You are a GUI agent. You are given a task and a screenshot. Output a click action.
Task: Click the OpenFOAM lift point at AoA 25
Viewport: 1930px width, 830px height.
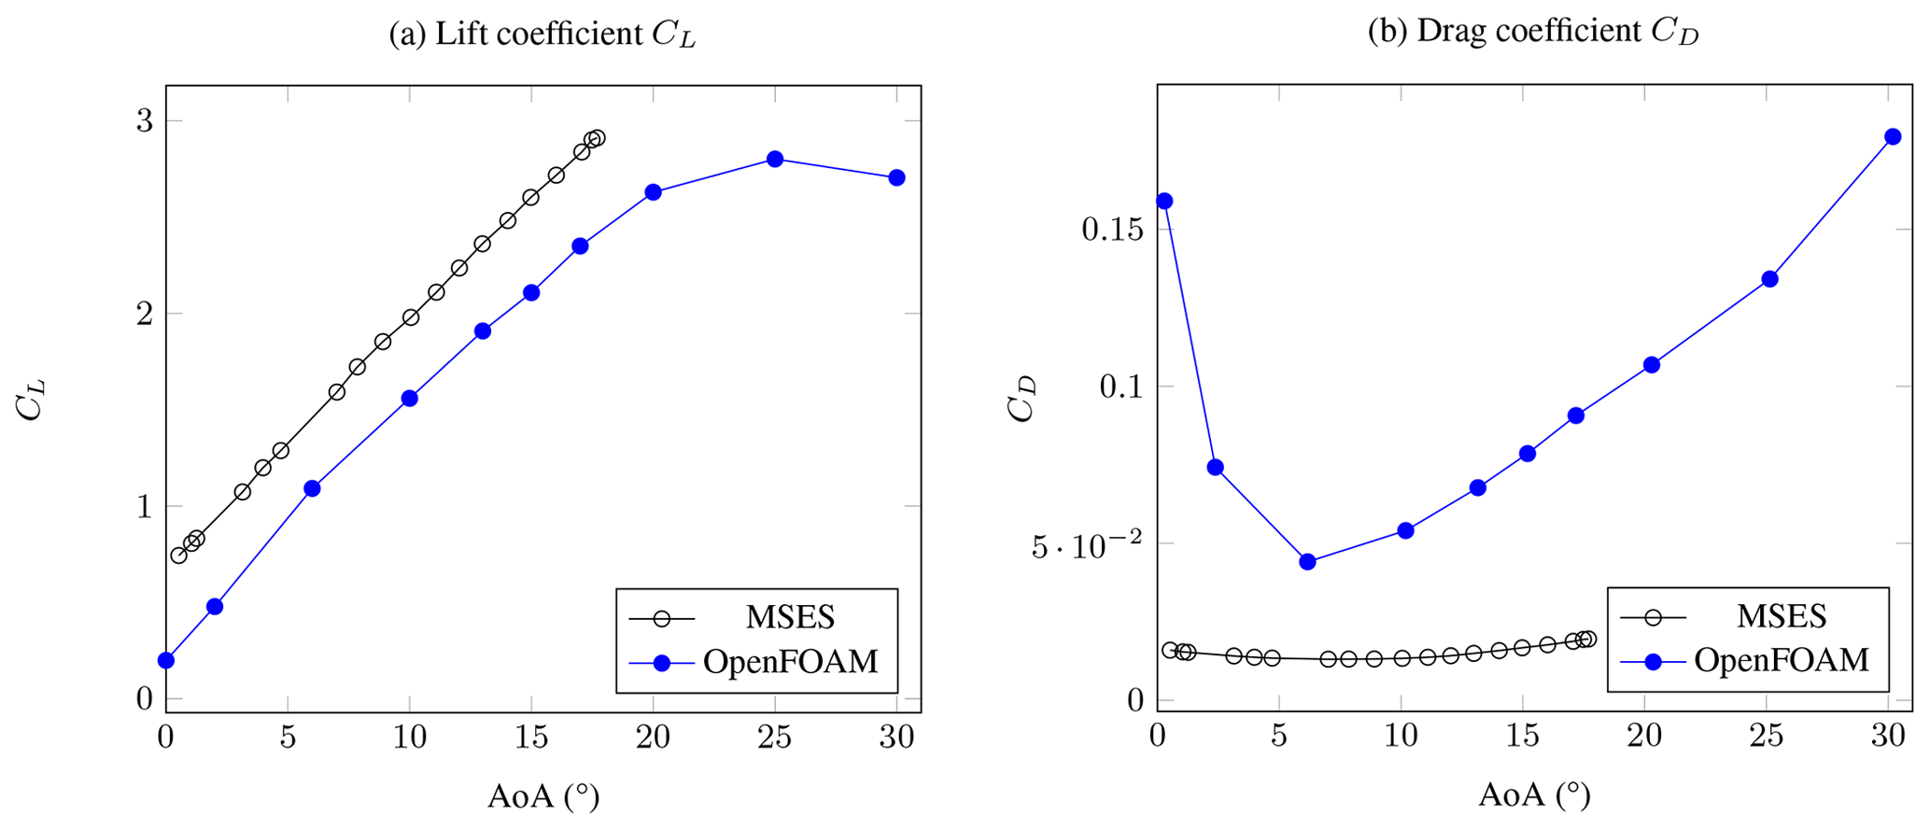(774, 160)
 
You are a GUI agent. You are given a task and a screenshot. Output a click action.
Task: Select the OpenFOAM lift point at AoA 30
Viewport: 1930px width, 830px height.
(896, 177)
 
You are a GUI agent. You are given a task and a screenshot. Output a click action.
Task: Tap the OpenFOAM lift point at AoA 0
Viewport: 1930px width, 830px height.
(166, 661)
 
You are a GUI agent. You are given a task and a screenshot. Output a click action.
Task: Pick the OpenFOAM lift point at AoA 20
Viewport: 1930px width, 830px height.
(653, 192)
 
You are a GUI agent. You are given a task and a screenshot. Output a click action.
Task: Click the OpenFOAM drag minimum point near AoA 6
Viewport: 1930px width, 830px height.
(1307, 562)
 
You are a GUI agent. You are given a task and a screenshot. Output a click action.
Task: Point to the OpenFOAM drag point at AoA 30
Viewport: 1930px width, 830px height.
(1893, 136)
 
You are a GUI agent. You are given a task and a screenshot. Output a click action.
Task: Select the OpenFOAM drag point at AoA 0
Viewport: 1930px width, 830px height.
(1163, 201)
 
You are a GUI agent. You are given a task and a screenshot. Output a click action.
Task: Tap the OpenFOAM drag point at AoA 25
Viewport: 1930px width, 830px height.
(1769, 279)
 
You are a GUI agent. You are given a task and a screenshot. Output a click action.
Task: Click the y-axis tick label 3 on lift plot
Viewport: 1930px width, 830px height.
(145, 121)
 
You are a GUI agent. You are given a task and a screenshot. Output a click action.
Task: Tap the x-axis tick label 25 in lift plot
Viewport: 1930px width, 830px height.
(774, 738)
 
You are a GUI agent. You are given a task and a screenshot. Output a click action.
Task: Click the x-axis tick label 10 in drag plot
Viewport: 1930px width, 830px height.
(1402, 738)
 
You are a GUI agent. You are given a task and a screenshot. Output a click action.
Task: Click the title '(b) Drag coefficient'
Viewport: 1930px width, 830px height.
(1532, 33)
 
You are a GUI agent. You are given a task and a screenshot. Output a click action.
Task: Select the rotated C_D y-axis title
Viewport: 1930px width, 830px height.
(1022, 399)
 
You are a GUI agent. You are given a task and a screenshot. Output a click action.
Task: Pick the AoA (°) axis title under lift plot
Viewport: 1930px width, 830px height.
(542, 795)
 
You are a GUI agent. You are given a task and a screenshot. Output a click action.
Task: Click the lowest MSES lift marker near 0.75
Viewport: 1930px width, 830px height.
(178, 556)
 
